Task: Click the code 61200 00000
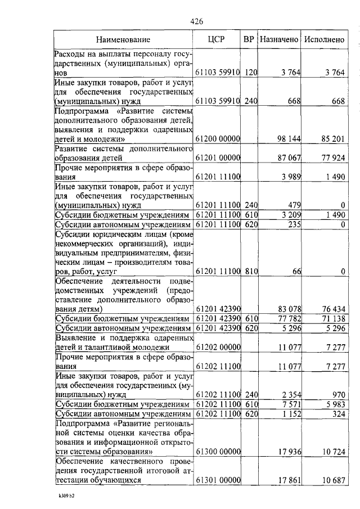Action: point(218,138)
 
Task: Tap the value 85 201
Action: point(333,138)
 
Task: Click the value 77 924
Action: point(333,158)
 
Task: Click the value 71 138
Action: point(333,318)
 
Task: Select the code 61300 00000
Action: point(218,451)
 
